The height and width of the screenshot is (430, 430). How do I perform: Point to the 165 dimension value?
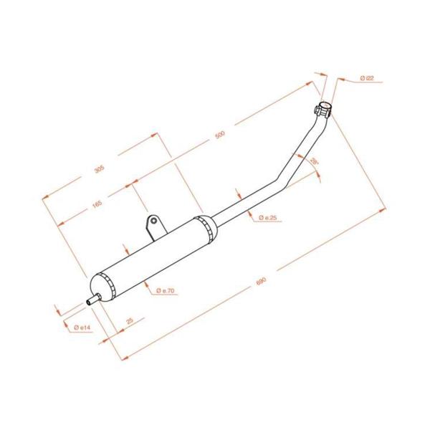tap(97, 205)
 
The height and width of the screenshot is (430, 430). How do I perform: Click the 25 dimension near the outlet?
tap(130, 322)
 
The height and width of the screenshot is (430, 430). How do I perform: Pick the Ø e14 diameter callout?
tap(82, 327)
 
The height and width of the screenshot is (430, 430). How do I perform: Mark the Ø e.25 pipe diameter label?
tap(267, 217)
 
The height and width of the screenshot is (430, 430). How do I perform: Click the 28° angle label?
tap(313, 164)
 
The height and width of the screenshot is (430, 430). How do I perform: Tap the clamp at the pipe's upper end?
tap(324, 110)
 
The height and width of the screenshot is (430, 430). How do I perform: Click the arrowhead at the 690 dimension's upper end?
tap(384, 209)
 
